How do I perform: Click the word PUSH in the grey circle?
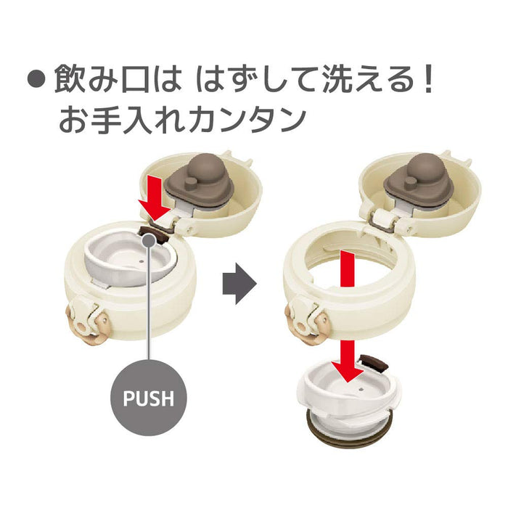[x=149, y=398]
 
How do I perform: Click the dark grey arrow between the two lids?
[x=239, y=284]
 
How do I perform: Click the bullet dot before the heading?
[x=36, y=80]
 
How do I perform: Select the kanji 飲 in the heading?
[x=70, y=79]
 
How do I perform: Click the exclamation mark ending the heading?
[x=428, y=79]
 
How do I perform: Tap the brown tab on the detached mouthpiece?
[x=374, y=362]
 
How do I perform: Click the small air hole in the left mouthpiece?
[x=142, y=261]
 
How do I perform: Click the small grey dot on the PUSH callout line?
[x=149, y=240]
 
